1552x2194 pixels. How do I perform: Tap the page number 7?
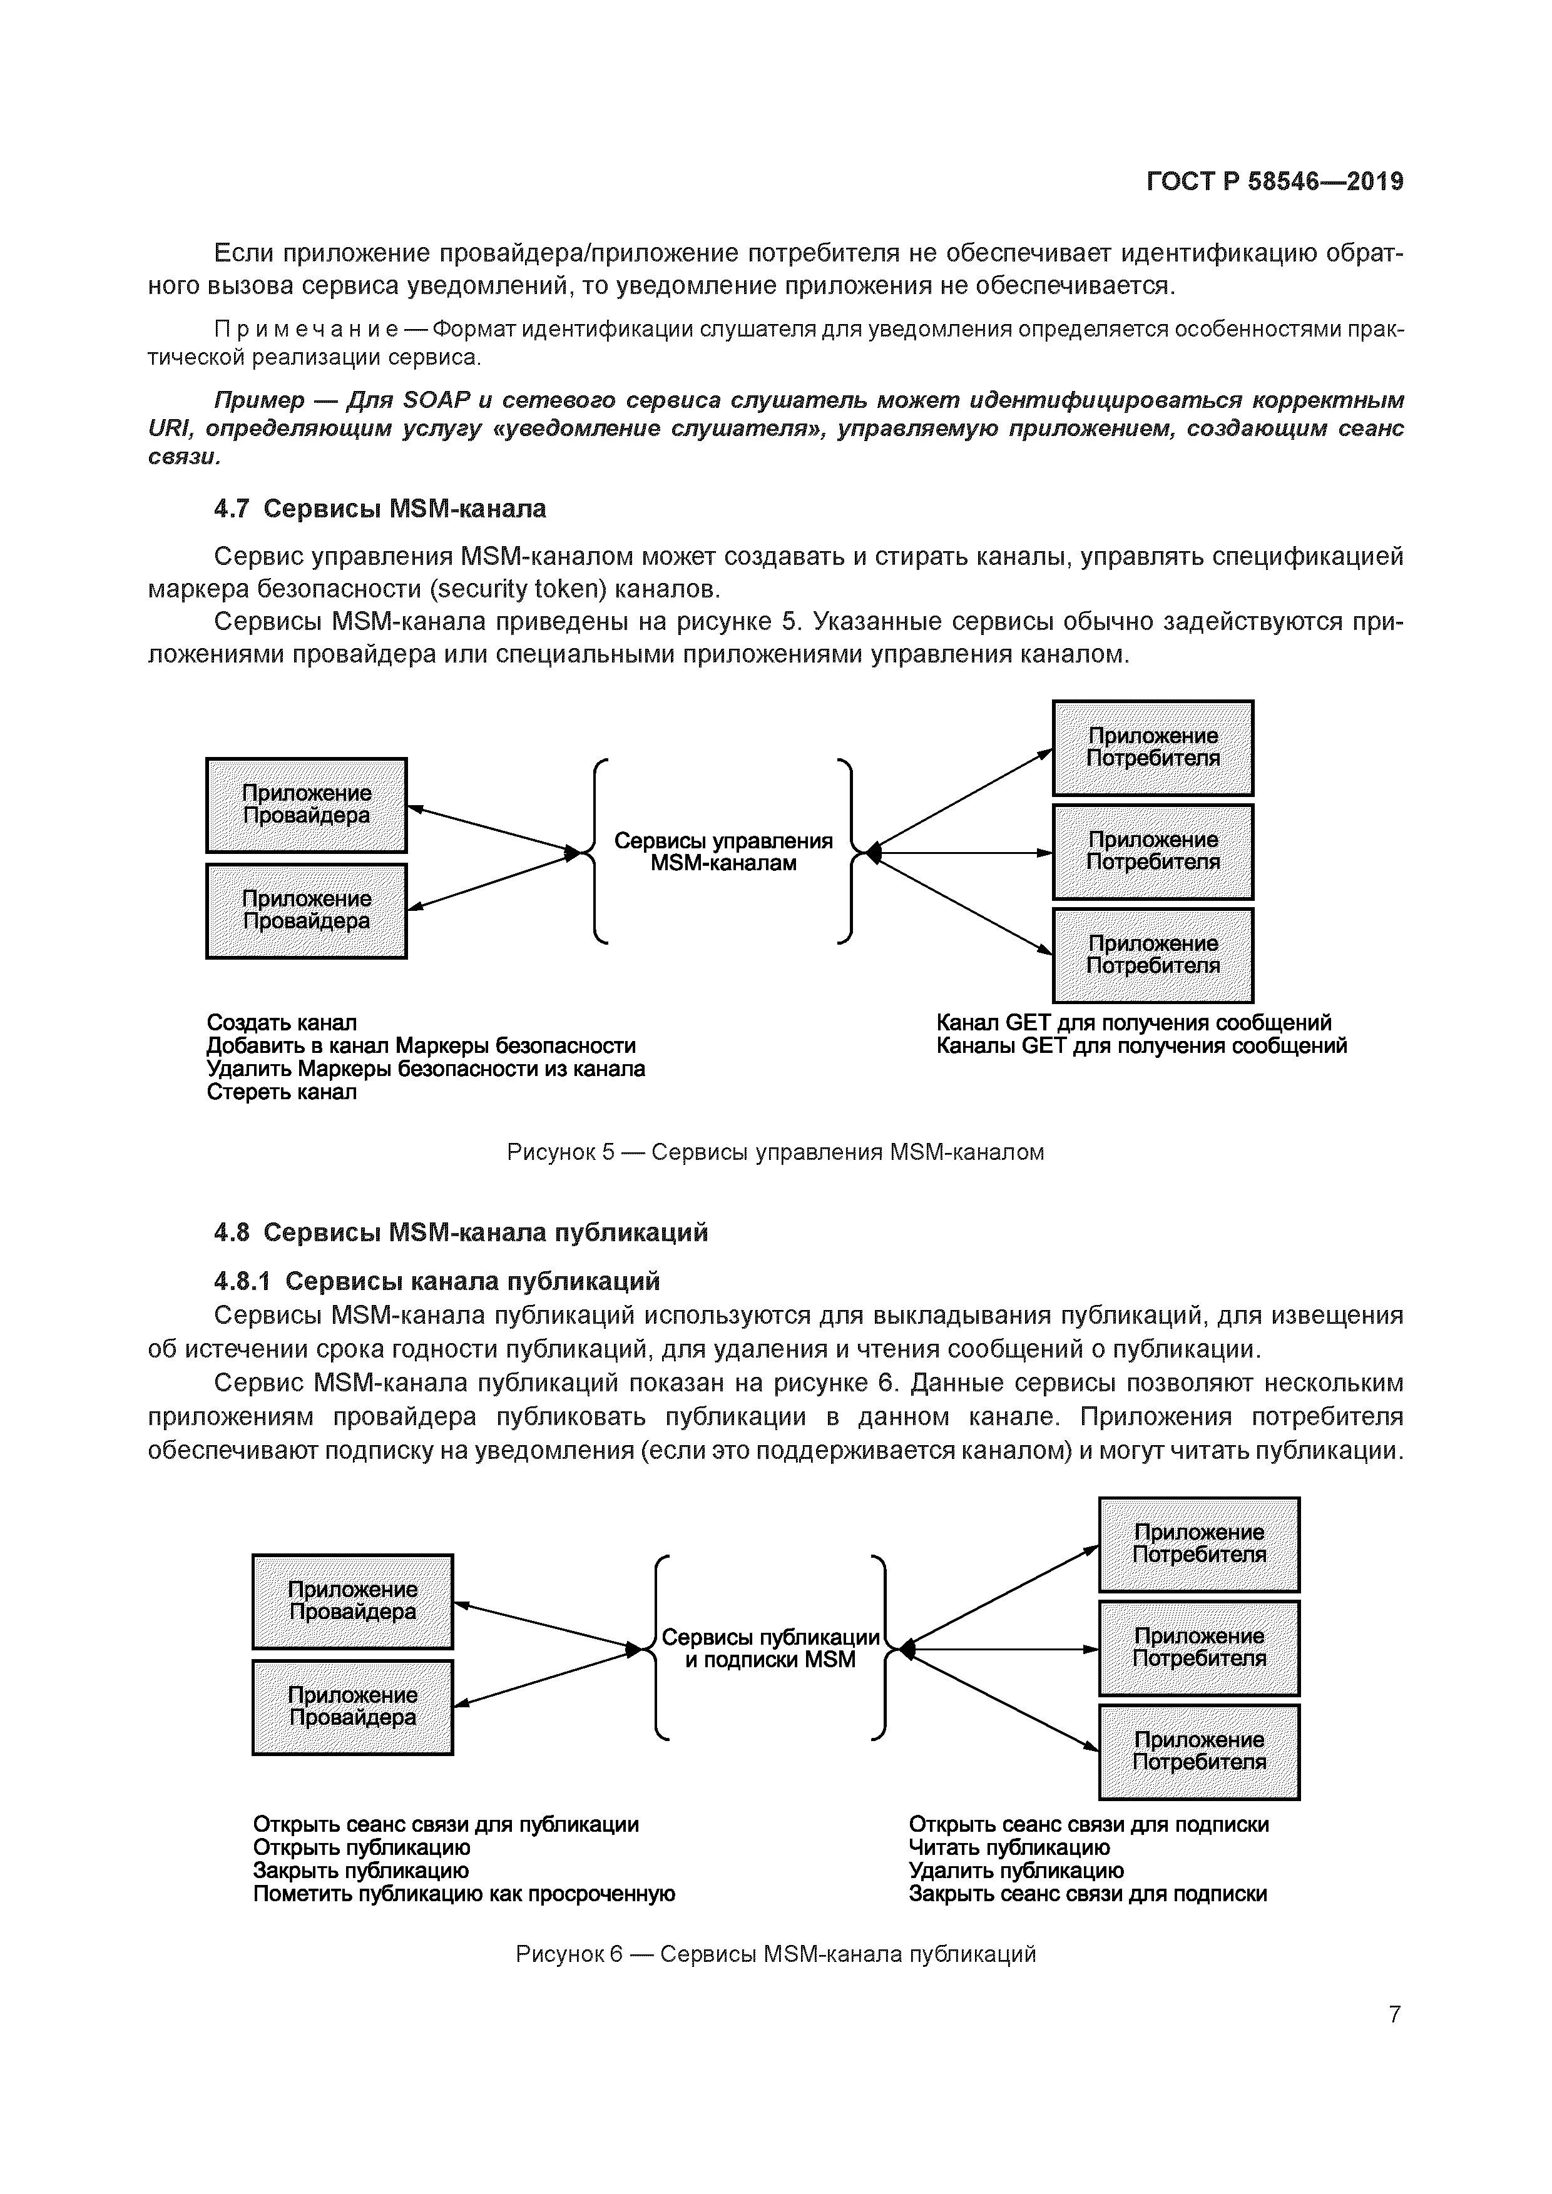pyautogui.click(x=1394, y=2014)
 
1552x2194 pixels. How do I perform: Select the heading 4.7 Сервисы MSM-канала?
pyautogui.click(x=380, y=509)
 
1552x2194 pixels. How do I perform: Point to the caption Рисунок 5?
pyautogui.click(x=775, y=1152)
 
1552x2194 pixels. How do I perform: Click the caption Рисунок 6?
pyautogui.click(x=775, y=1954)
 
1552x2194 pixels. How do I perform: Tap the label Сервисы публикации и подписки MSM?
pyautogui.click(x=770, y=1648)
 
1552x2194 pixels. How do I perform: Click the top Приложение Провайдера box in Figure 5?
pyautogui.click(x=306, y=805)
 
